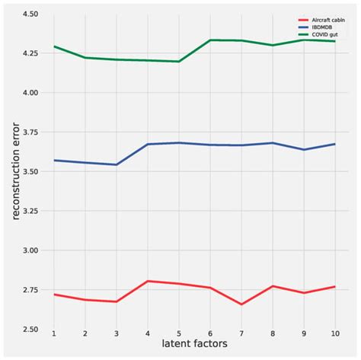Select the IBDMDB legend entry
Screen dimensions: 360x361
pyautogui.click(x=316, y=27)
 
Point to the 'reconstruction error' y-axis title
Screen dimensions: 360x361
pyautogui.click(x=14, y=171)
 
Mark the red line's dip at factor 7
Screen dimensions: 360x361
pyautogui.click(x=240, y=304)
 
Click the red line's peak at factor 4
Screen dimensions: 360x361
pyautogui.click(x=147, y=281)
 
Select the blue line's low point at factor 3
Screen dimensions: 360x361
pyautogui.click(x=116, y=164)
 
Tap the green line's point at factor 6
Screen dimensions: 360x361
pyautogui.click(x=209, y=40)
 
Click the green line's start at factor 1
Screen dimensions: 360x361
pyautogui.click(x=54, y=46)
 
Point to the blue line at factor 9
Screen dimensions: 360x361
pyautogui.click(x=302, y=149)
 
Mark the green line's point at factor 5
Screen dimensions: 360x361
pyautogui.click(x=178, y=62)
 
